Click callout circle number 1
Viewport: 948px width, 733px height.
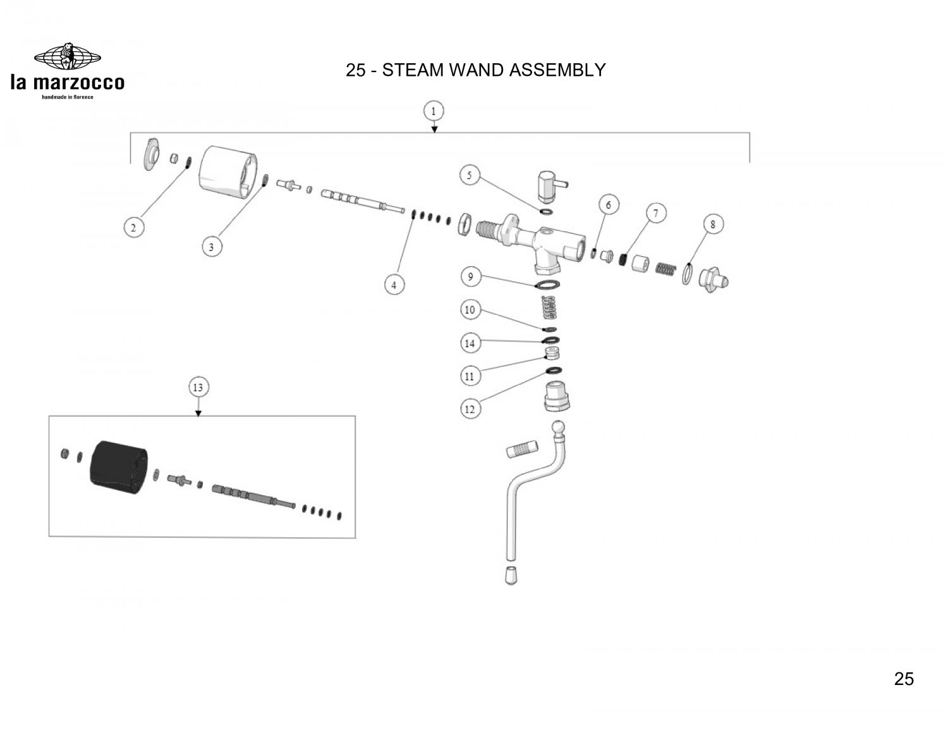pos(434,111)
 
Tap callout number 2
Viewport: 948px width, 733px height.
pos(133,228)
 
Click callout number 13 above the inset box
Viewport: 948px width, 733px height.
pos(198,386)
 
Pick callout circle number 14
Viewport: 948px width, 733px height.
pos(470,343)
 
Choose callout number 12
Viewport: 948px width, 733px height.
pos(470,409)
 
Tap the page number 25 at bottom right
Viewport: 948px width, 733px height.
pos(904,679)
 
